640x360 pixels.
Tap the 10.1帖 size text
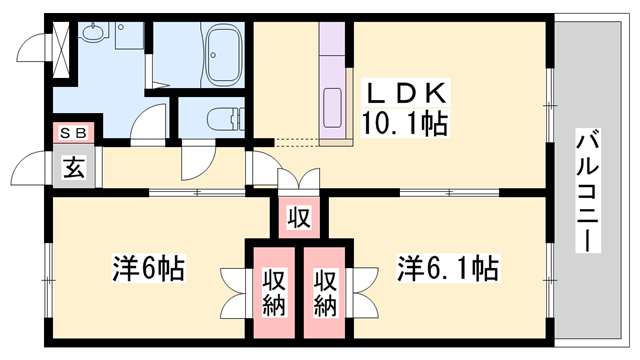(404, 124)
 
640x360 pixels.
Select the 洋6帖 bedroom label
(146, 268)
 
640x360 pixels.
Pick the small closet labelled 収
(299, 216)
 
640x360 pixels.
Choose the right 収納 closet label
(327, 291)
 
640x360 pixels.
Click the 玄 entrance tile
(75, 168)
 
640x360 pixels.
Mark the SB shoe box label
(75, 132)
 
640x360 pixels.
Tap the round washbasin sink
(96, 37)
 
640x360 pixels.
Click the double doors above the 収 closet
(298, 181)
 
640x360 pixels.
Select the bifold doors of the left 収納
(234, 290)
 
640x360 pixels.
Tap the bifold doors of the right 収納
(364, 290)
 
